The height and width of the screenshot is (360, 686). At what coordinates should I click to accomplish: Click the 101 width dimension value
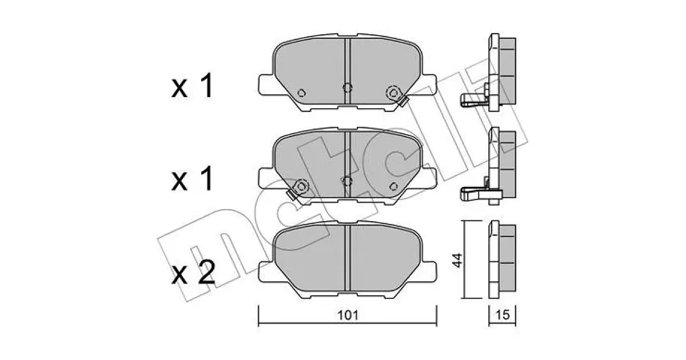pos(348,315)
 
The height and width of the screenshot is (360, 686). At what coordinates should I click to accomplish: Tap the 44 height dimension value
pos(457,260)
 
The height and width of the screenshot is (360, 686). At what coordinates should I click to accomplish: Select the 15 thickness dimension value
pos(502,315)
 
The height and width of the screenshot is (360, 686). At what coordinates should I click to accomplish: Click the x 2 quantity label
pos(193,273)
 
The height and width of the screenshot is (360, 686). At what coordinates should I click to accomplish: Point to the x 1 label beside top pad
pos(192,86)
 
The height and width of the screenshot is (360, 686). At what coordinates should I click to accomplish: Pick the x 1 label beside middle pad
pos(192,179)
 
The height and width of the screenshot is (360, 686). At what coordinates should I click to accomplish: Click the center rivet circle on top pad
pos(348,88)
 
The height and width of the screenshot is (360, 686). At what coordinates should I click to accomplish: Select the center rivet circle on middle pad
pos(348,181)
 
